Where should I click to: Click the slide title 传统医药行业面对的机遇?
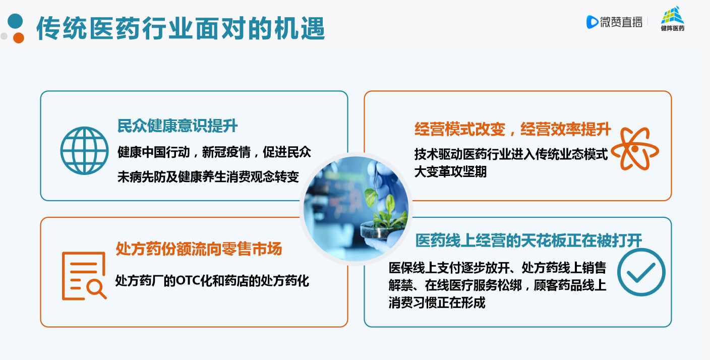tap(181, 29)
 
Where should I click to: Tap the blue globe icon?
tap(84, 151)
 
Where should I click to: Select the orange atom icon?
tap(635, 149)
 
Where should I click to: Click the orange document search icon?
tap(84, 276)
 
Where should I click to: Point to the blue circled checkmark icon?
tap(641, 272)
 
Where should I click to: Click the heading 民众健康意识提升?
tap(177, 126)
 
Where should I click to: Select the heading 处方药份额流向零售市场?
tap(199, 249)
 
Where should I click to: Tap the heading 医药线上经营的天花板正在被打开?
tap(528, 241)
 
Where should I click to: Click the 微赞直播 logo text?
tap(621, 22)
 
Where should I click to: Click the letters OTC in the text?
tap(188, 281)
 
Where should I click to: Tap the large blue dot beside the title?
tap(15, 21)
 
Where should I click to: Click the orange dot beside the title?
tap(18, 38)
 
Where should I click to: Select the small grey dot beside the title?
tap(4, 36)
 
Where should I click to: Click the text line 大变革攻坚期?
tap(450, 172)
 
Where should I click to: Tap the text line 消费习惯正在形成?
tap(437, 303)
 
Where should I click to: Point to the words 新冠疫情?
tap(226, 152)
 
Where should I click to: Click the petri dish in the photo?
tap(382, 231)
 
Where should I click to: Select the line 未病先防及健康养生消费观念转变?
tap(208, 177)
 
